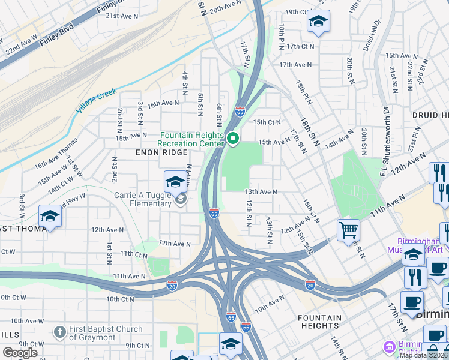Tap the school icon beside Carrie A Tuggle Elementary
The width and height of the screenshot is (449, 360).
[x=175, y=182]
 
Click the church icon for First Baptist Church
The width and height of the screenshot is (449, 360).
[x=59, y=332]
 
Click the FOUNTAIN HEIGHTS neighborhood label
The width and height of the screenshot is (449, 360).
[x=320, y=322]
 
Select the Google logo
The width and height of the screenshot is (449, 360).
[x=20, y=353]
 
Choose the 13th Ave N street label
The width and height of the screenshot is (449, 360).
[x=260, y=192]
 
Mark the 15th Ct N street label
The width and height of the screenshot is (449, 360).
[x=267, y=122]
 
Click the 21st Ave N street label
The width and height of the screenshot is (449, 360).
[x=121, y=16]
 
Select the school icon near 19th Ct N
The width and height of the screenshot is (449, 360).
[x=318, y=22]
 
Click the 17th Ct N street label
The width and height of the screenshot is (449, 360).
[x=300, y=46]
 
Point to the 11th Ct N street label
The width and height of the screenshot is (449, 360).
[x=134, y=254]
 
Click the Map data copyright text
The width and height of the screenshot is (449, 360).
[x=423, y=355]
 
